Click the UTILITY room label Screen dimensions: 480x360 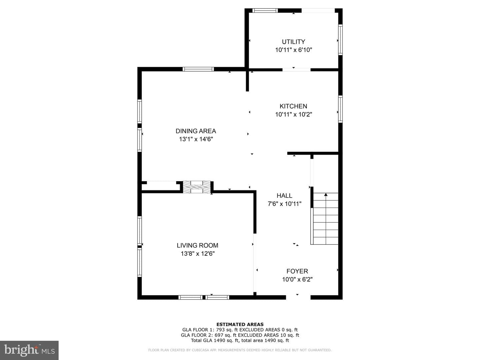[x=293, y=42]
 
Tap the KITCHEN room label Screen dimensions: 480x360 [x=293, y=106]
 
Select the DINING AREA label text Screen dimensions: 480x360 [x=196, y=131]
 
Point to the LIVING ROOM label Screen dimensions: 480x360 [x=197, y=245]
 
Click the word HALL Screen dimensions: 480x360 [x=284, y=196]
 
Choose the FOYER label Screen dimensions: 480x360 [x=297, y=271]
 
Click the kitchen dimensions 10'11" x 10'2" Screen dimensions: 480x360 [x=293, y=114]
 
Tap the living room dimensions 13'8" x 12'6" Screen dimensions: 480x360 [x=198, y=254]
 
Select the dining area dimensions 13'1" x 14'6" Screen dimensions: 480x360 [x=196, y=139]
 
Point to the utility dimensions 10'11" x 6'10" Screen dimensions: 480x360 [x=293, y=50]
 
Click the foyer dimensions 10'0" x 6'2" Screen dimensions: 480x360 [x=297, y=279]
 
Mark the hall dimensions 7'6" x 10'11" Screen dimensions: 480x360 [x=285, y=204]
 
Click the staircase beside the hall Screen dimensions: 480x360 [x=325, y=219]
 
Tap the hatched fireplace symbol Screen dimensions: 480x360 [x=197, y=187]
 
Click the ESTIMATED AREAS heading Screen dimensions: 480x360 [x=240, y=324]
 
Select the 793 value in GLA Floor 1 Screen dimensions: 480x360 [x=220, y=330]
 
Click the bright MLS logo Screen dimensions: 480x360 [x=29, y=350]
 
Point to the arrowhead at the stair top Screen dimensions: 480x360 [x=326, y=195]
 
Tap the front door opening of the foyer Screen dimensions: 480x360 [x=298, y=297]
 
